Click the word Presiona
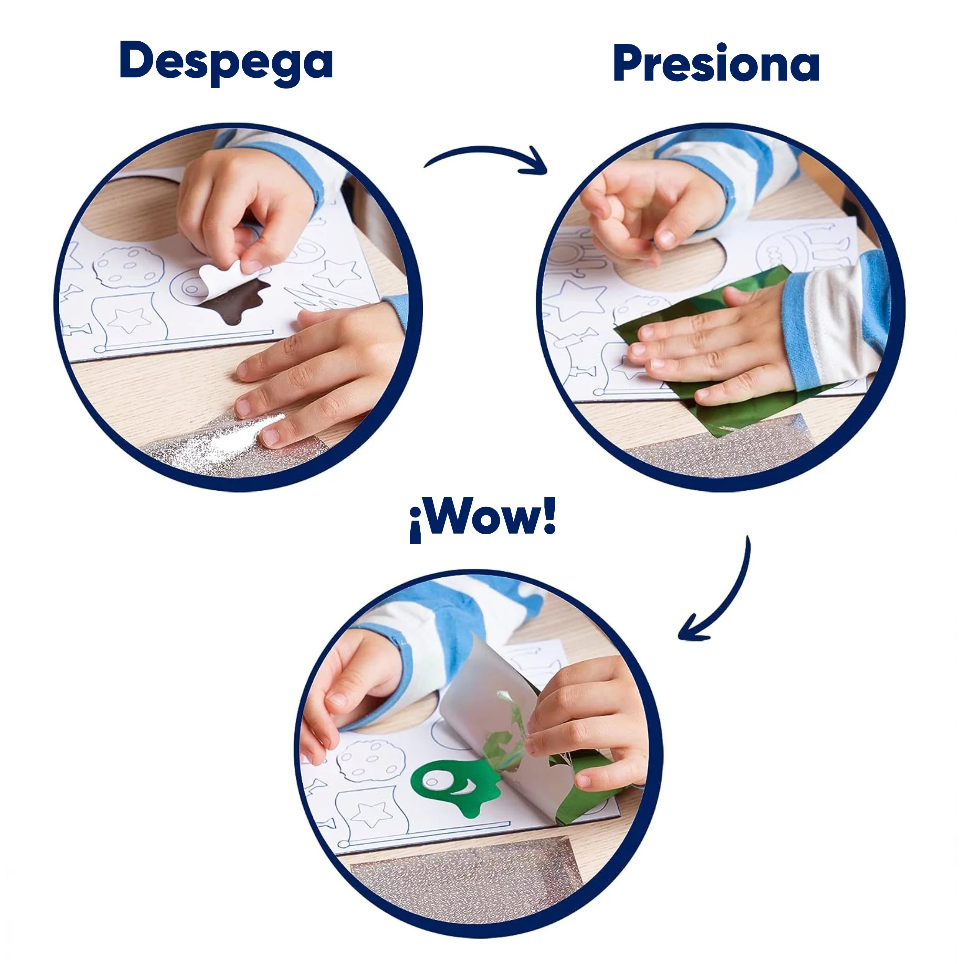tap(716, 63)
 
